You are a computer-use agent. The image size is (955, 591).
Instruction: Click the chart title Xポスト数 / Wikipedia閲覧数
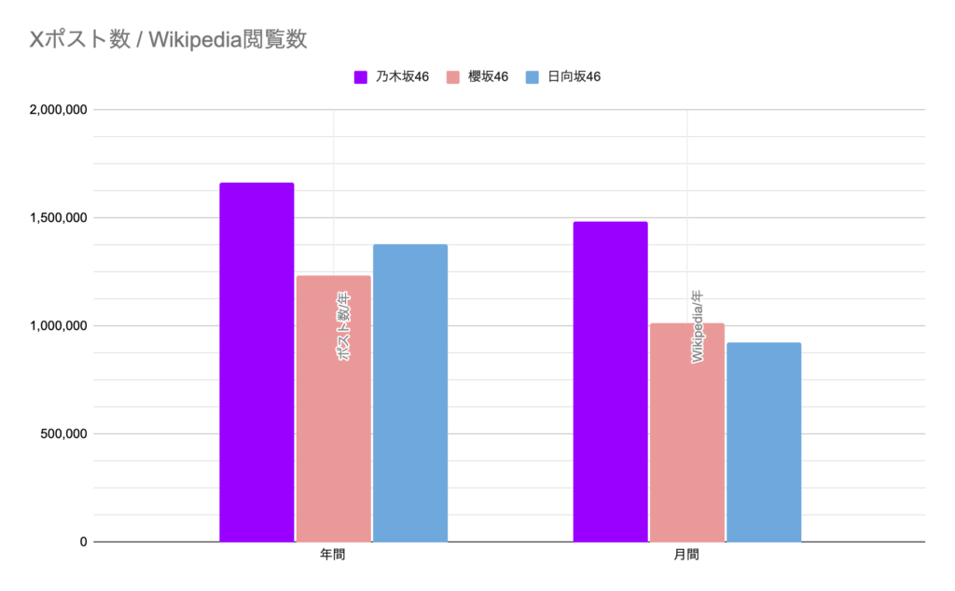(169, 39)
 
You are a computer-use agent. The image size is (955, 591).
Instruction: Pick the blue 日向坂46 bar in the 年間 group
(409, 392)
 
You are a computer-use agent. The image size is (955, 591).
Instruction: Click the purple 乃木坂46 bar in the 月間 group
(610, 381)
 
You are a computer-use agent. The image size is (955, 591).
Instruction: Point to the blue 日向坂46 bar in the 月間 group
(763, 442)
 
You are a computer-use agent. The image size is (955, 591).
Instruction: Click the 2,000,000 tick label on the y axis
(58, 110)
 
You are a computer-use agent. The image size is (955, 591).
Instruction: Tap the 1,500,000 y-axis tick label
(58, 218)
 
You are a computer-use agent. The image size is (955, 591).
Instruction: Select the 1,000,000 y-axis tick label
(58, 326)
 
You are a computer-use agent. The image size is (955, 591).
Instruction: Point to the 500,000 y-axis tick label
(63, 433)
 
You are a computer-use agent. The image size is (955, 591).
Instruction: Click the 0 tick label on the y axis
(83, 542)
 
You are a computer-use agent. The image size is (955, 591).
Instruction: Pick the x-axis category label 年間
(333, 555)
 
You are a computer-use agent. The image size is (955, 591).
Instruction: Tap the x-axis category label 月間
(686, 555)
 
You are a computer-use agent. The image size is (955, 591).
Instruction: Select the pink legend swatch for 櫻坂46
(453, 76)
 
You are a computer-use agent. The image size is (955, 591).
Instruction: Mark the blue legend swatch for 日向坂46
(533, 76)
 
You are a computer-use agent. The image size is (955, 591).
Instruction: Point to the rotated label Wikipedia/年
(698, 326)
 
